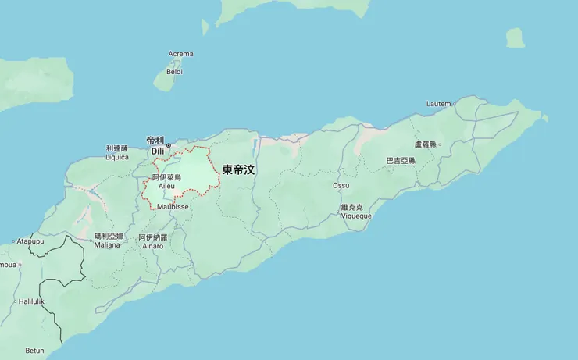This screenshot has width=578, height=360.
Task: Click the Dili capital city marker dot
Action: tap(168, 145)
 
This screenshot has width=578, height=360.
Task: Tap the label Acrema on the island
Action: tap(180, 54)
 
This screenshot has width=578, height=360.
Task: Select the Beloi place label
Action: tap(174, 72)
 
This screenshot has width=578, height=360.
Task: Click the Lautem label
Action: tap(438, 104)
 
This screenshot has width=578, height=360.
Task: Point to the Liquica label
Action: tap(117, 156)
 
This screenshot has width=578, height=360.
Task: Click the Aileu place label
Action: tap(166, 186)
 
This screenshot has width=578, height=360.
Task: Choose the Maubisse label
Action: tap(172, 207)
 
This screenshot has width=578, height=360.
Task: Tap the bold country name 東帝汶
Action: tap(238, 169)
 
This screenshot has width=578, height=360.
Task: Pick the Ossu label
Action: tap(341, 186)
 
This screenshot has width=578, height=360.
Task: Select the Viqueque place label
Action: tap(356, 216)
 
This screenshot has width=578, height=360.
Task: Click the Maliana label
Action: tap(108, 244)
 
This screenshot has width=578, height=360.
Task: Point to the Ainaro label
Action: tap(153, 246)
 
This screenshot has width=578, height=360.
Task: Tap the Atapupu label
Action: tap(30, 241)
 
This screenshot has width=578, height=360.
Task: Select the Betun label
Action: tap(34, 351)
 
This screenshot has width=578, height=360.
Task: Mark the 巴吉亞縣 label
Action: tap(401, 160)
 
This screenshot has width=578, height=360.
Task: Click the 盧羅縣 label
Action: tap(427, 144)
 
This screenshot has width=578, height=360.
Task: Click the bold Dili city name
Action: tap(158, 150)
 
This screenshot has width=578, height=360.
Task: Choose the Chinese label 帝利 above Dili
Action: tap(155, 140)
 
